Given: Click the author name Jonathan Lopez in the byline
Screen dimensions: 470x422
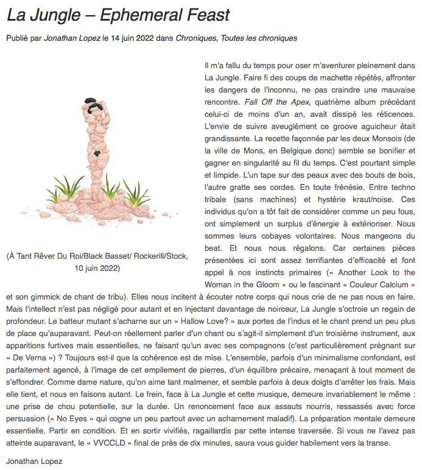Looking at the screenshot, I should (72, 38).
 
